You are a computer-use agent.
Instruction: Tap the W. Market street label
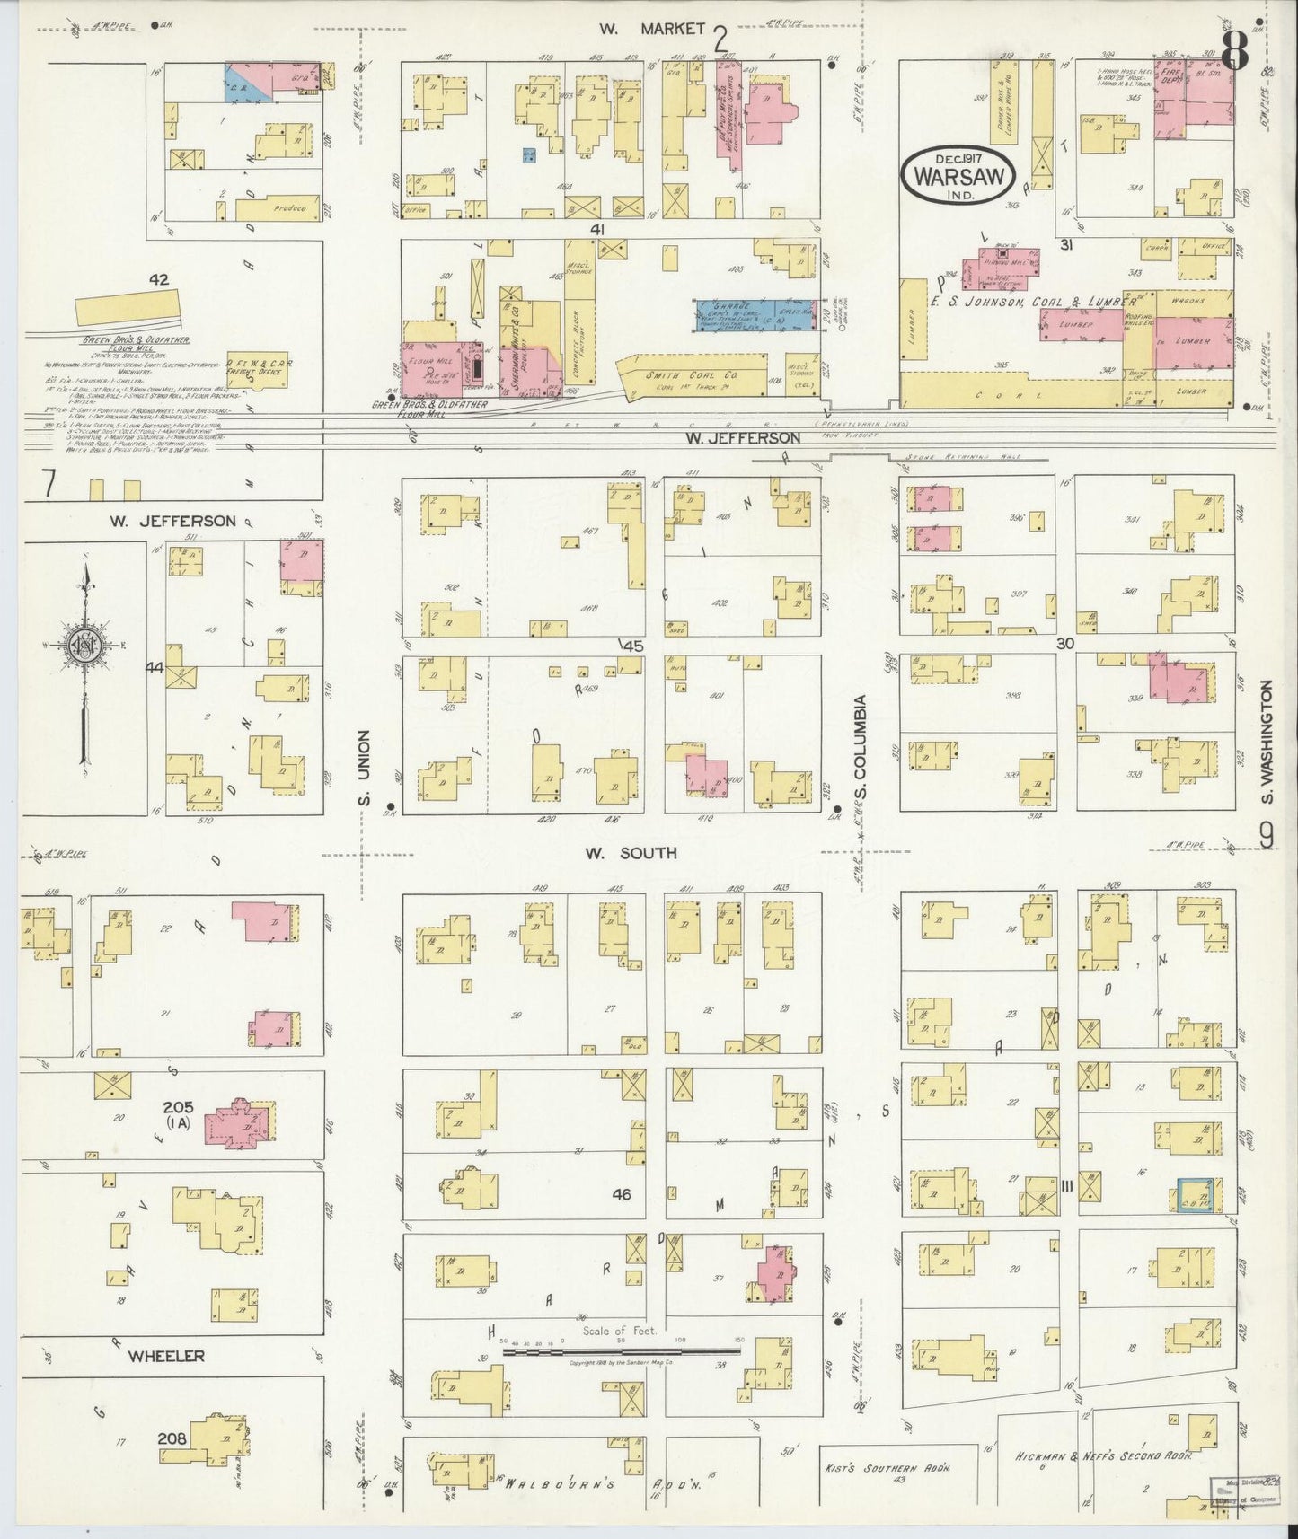coord(653,30)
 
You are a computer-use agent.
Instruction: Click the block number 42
coord(159,279)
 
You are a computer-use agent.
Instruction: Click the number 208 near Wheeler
coord(172,1438)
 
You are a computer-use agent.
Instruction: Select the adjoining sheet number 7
coord(49,485)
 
